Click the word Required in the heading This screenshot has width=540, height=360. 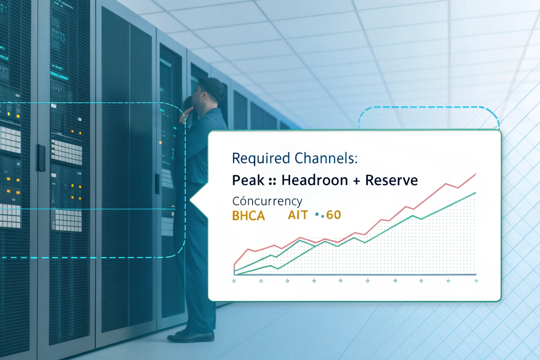pyautogui.click(x=261, y=158)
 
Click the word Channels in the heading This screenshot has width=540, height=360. pyautogui.click(x=326, y=158)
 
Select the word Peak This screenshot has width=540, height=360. pyautogui.click(x=248, y=180)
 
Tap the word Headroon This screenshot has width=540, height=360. pyautogui.click(x=315, y=180)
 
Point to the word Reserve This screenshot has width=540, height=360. pyautogui.click(x=391, y=180)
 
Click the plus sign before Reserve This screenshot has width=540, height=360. pyautogui.click(x=356, y=181)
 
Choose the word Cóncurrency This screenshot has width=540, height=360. pyautogui.click(x=267, y=201)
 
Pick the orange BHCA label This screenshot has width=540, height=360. pyautogui.click(x=249, y=216)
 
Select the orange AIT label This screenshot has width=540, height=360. pyautogui.click(x=298, y=215)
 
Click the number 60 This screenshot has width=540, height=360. pyautogui.click(x=333, y=215)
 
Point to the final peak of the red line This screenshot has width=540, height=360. pyautogui.click(x=475, y=174)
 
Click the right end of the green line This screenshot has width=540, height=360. pyautogui.click(x=475, y=193)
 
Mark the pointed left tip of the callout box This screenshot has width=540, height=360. pyautogui.click(x=191, y=200)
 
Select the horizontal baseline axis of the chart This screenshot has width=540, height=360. pyautogui.click(x=355, y=274)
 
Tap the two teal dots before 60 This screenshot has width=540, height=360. pyautogui.click(x=320, y=215)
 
